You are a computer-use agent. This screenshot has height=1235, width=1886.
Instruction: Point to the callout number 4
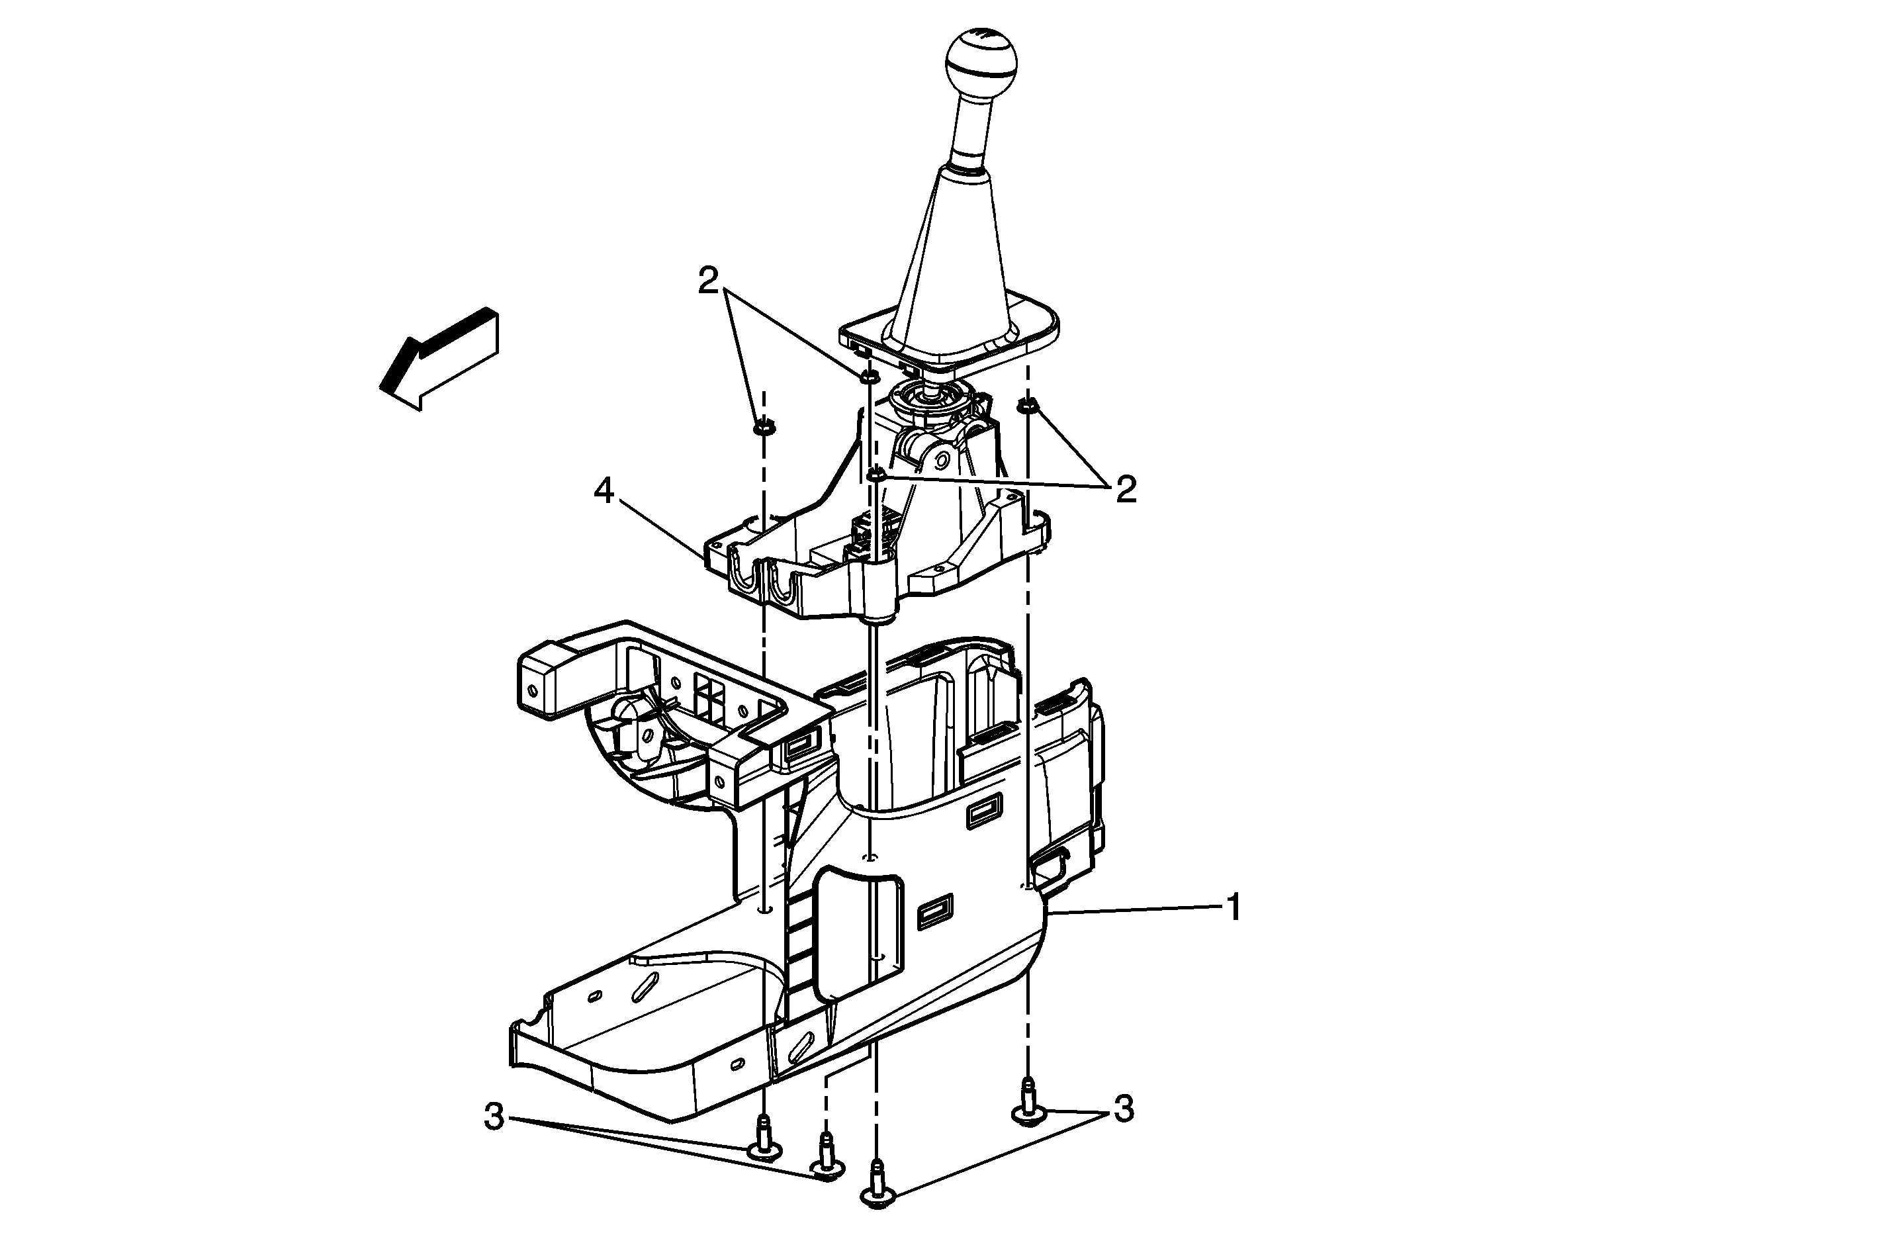coord(604,492)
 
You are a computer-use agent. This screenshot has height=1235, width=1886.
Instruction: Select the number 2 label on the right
coord(1126,489)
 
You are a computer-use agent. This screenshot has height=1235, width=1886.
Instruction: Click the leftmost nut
coord(763,429)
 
